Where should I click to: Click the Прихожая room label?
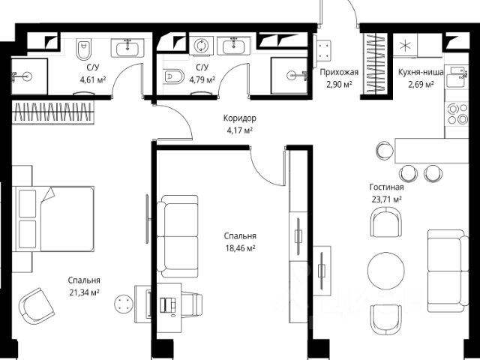pos(339,73)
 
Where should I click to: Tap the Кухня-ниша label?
pos(421,72)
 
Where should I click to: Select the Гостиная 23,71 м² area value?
pos(387,199)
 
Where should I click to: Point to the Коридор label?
pos(240,118)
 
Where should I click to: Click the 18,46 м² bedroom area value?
pos(240,248)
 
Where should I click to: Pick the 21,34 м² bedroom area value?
pos(84,292)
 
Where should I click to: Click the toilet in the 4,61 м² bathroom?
pos(83,49)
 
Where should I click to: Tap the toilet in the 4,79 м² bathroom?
pos(173,76)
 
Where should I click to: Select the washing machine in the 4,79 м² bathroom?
pos(201,45)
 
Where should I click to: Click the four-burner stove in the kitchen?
pos(457,114)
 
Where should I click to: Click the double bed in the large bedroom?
pos(53,219)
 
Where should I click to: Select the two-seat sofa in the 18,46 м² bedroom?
pos(178,236)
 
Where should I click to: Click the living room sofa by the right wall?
pos(448,271)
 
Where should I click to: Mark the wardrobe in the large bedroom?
pos(53,112)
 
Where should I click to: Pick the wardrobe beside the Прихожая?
pos(375,63)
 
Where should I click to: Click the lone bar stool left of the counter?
pos(385,150)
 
